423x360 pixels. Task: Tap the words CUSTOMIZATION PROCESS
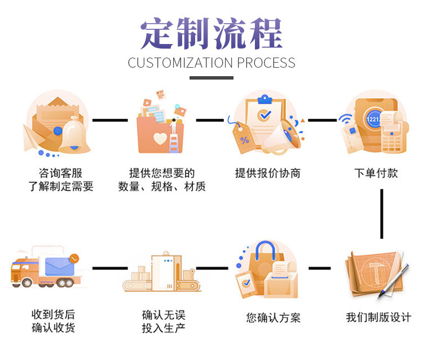click(211, 63)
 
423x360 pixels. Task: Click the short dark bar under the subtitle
click(211, 78)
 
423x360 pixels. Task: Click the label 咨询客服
click(60, 173)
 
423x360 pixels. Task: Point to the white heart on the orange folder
click(160, 139)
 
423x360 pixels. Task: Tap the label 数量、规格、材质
click(162, 187)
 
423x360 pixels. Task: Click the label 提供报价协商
click(267, 173)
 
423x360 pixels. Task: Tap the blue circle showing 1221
click(373, 120)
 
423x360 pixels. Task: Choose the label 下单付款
click(376, 173)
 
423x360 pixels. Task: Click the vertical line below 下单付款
click(382, 213)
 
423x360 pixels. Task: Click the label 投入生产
click(164, 328)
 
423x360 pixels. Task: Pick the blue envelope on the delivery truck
click(61, 264)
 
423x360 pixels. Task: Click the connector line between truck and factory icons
click(109, 268)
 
